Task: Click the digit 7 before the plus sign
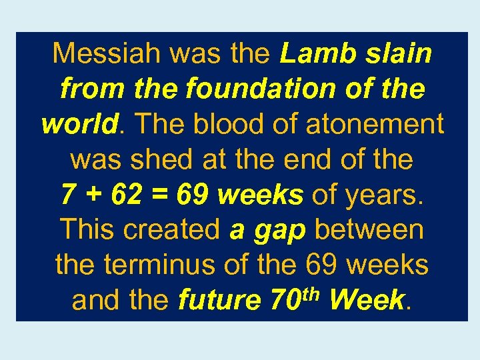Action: pos(68,195)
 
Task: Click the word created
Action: pos(172,230)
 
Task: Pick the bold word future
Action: pos(221,301)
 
